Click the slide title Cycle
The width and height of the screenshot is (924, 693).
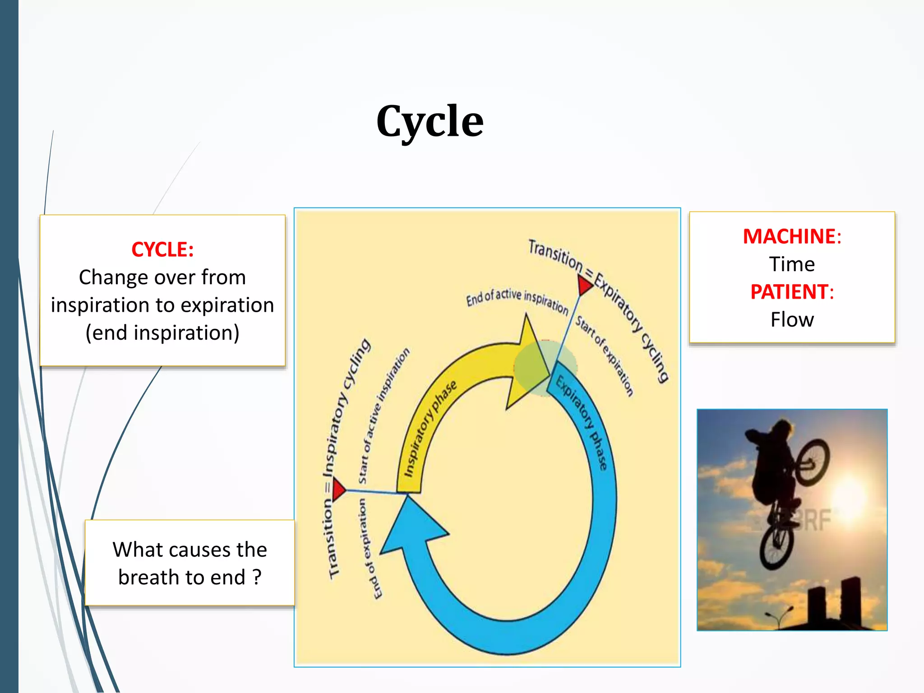(430, 121)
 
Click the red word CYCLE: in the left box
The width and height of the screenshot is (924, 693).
(162, 249)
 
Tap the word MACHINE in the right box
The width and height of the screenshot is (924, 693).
(789, 236)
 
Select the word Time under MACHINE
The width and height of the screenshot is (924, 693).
(792, 264)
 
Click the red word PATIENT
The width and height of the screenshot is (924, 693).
(789, 292)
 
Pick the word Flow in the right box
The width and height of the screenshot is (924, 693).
(792, 320)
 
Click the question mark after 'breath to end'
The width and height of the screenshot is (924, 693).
(257, 577)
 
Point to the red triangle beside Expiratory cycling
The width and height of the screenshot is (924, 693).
(584, 286)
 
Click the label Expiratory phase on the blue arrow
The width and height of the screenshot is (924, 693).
(582, 422)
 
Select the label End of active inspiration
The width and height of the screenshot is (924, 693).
(517, 300)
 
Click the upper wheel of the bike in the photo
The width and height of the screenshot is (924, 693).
(812, 462)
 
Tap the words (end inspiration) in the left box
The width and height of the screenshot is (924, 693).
(162, 333)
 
